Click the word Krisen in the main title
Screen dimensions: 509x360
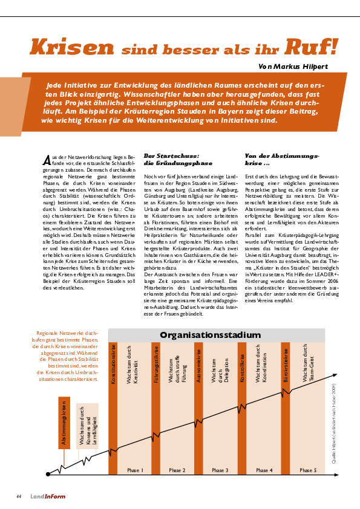tap(71, 47)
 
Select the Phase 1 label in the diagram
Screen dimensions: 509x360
tap(135, 470)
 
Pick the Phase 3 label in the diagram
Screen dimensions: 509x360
tap(220, 470)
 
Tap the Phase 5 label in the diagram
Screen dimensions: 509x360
tap(307, 470)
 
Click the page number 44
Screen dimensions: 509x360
tap(19, 496)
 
